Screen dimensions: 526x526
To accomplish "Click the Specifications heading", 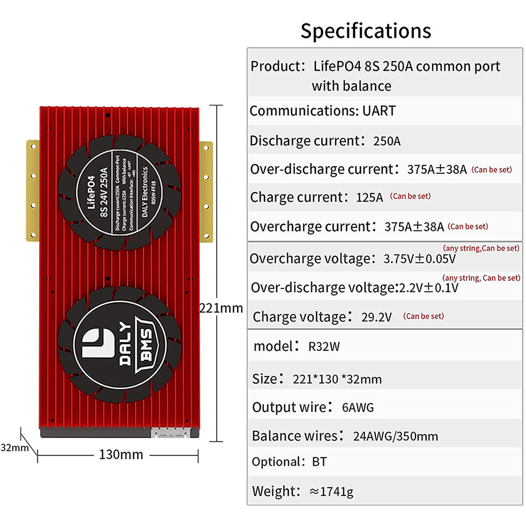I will (366, 31).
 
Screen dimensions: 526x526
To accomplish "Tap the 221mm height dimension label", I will (221, 308).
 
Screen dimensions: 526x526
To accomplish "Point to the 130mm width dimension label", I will (121, 454).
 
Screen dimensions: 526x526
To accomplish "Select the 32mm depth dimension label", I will (14, 448).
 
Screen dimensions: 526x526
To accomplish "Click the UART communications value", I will (379, 111).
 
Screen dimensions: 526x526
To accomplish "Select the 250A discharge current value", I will (387, 141).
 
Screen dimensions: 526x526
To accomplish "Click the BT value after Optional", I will (319, 462).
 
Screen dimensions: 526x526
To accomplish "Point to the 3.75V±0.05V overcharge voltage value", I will (420, 259).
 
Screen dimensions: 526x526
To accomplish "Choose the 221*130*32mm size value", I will (337, 379).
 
